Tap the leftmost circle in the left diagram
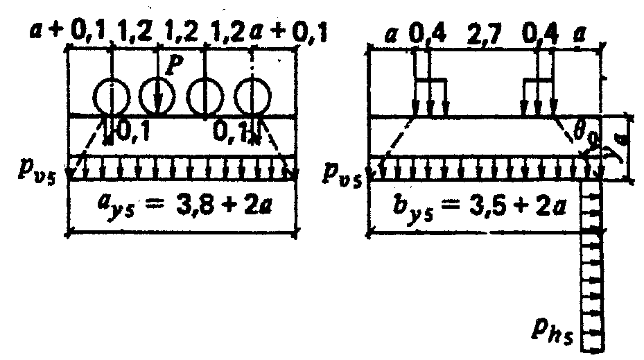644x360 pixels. [x=112, y=97]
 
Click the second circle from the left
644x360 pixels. [x=159, y=97]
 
